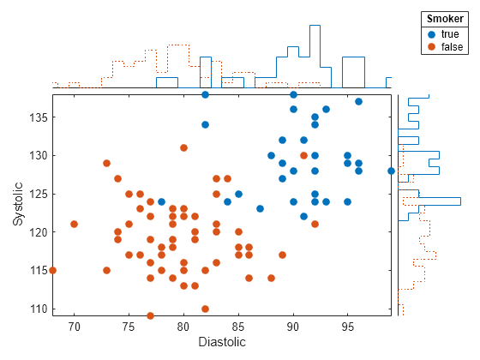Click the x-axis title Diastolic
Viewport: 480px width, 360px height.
pyautogui.click(x=222, y=342)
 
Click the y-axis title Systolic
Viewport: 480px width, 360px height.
pyautogui.click(x=19, y=204)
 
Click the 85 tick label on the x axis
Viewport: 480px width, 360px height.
pyautogui.click(x=238, y=326)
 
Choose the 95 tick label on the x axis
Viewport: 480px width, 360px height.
pyautogui.click(x=348, y=326)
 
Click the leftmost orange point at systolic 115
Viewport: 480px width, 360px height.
pyautogui.click(x=52, y=270)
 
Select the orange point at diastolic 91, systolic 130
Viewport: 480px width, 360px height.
pyautogui.click(x=304, y=155)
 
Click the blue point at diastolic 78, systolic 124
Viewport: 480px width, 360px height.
pyautogui.click(x=161, y=201)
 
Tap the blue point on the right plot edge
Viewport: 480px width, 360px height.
pyautogui.click(x=392, y=171)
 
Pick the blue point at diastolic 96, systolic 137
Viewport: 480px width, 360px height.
pyautogui.click(x=358, y=101)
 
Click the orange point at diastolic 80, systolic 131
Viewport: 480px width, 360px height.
pyautogui.click(x=183, y=147)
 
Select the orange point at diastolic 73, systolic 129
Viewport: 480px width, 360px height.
pyautogui.click(x=107, y=163)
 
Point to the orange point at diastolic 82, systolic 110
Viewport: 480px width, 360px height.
pyautogui.click(x=206, y=309)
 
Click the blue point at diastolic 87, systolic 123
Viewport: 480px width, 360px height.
pyautogui.click(x=260, y=208)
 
